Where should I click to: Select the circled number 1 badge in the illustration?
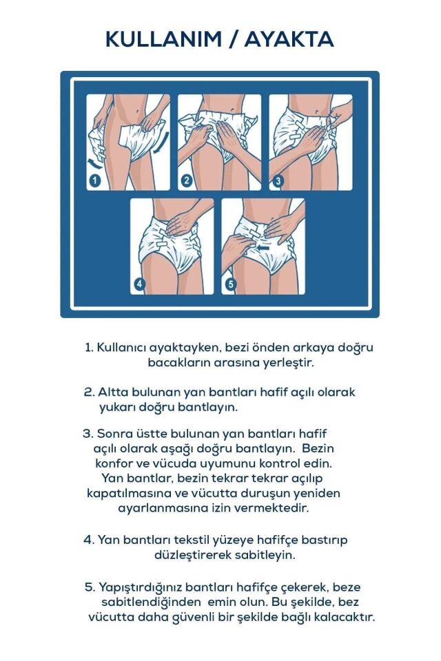click(x=95, y=181)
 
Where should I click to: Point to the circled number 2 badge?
click(x=186, y=181)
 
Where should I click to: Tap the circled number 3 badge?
click(x=278, y=181)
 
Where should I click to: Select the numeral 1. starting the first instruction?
click(x=89, y=348)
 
